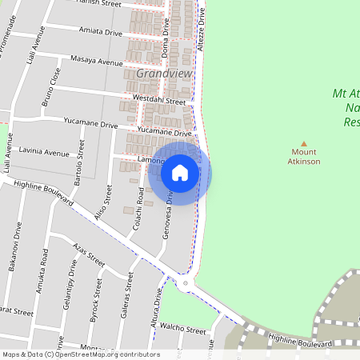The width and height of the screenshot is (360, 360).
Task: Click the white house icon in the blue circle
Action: (180, 173)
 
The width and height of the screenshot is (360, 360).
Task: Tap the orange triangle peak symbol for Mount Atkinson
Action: (303, 143)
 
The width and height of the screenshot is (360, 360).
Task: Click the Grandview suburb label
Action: (164, 73)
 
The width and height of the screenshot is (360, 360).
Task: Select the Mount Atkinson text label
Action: (304, 157)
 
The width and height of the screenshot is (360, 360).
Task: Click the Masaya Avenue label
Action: (95, 62)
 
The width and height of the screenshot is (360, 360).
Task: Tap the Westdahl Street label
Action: (159, 101)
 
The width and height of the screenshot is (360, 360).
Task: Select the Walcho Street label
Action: (183, 327)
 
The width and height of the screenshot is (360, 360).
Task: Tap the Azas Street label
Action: (89, 254)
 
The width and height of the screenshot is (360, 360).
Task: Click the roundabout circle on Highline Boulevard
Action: (186, 283)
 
